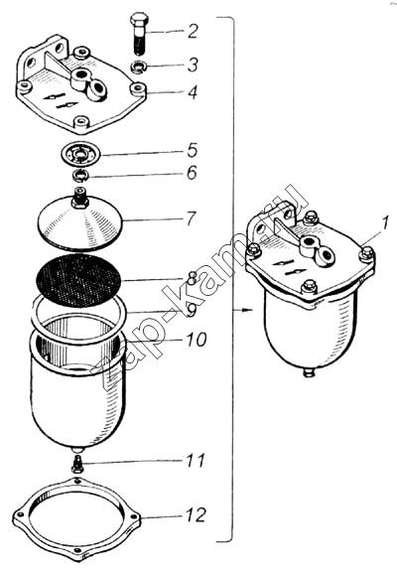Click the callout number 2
[x=193, y=31]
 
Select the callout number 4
[x=193, y=92]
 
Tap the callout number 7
[x=191, y=218]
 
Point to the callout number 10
[x=196, y=340]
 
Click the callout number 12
[x=196, y=515]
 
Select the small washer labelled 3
[x=137, y=67]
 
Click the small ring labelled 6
[x=80, y=176]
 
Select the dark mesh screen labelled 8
[x=78, y=281]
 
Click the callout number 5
[x=193, y=150]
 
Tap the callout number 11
[x=196, y=460]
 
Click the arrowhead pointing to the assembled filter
[x=248, y=310]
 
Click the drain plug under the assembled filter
[x=309, y=372]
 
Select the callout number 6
[x=192, y=173]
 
